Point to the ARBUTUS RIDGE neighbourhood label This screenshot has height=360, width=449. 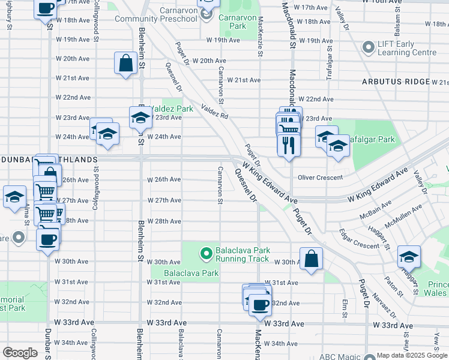395,82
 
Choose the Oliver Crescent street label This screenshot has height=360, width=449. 321,178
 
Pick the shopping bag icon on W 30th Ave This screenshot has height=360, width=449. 312,259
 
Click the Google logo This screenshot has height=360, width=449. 19,353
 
